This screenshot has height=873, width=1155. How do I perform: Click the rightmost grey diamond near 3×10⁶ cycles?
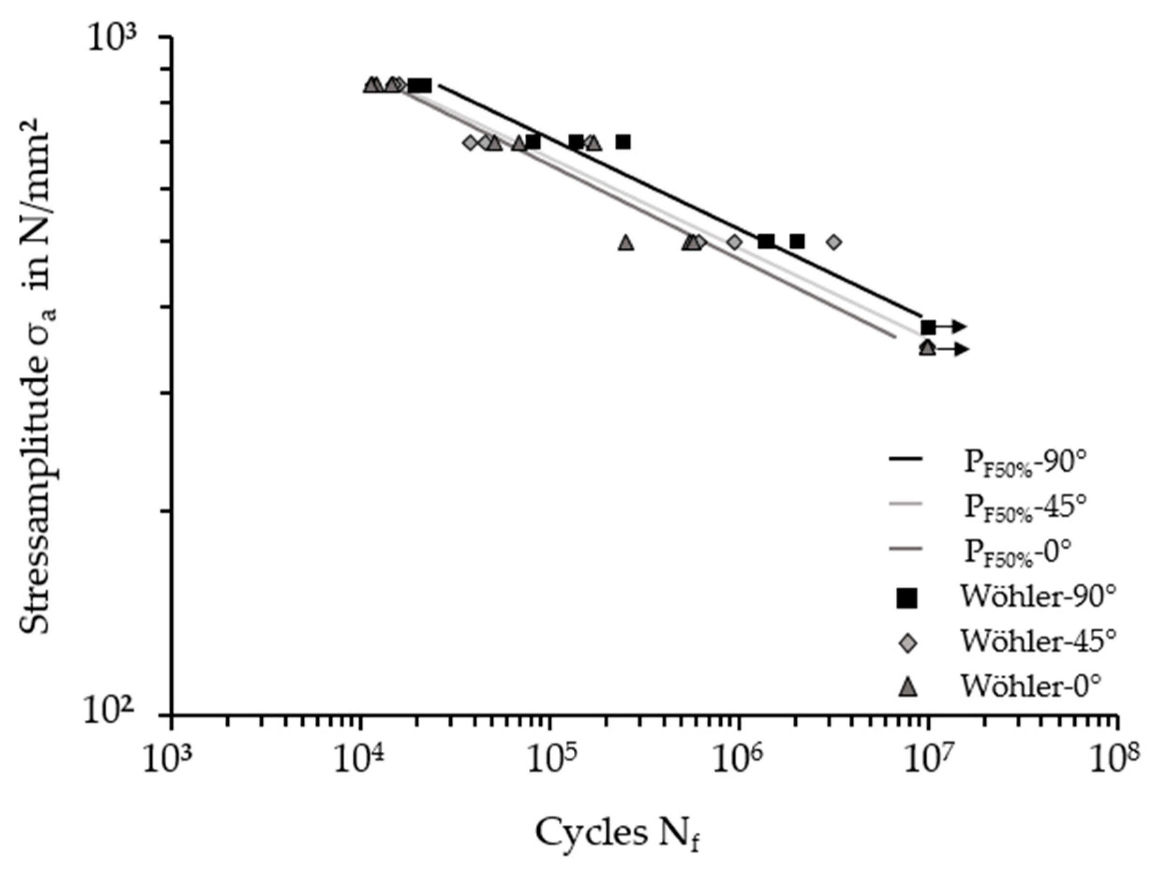coord(834,242)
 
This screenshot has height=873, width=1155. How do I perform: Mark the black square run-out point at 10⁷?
coord(928,327)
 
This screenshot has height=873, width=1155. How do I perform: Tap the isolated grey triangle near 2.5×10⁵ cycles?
coord(626,243)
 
